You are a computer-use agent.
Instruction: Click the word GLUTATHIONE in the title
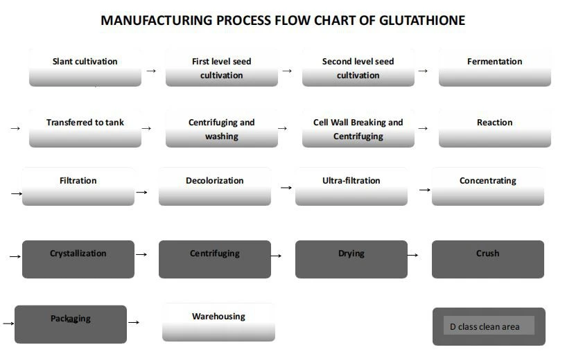click(422, 20)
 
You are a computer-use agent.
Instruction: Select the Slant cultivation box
click(85, 67)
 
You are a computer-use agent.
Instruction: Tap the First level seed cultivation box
click(221, 67)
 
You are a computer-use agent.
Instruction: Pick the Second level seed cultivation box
click(358, 67)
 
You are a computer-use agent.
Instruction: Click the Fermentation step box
click(494, 67)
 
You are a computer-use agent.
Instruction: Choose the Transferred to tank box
click(85, 128)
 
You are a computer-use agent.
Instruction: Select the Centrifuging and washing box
click(221, 128)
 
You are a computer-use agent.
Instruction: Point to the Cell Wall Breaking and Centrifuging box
click(358, 128)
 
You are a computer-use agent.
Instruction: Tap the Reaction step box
click(494, 128)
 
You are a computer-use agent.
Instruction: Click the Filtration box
click(78, 186)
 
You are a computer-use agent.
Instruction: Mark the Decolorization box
click(214, 186)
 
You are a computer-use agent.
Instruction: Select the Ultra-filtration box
click(351, 186)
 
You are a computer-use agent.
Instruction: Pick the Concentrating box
click(487, 186)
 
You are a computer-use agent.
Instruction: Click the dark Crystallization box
click(78, 259)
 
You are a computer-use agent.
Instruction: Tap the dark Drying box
click(351, 259)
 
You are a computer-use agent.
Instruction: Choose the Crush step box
click(487, 259)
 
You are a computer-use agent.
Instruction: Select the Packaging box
click(70, 324)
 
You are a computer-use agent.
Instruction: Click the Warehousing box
click(218, 322)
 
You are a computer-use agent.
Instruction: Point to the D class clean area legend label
click(489, 326)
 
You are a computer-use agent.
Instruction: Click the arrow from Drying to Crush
click(413, 255)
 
